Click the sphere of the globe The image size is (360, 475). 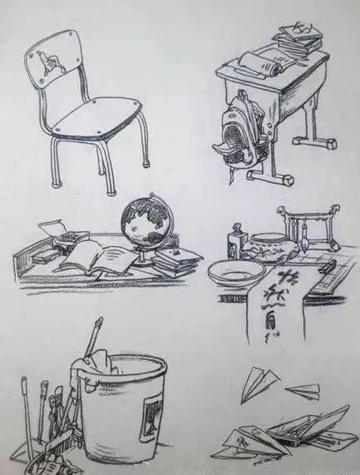pyautogui.click(x=145, y=221)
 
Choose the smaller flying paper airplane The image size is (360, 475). pyautogui.click(x=304, y=388)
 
